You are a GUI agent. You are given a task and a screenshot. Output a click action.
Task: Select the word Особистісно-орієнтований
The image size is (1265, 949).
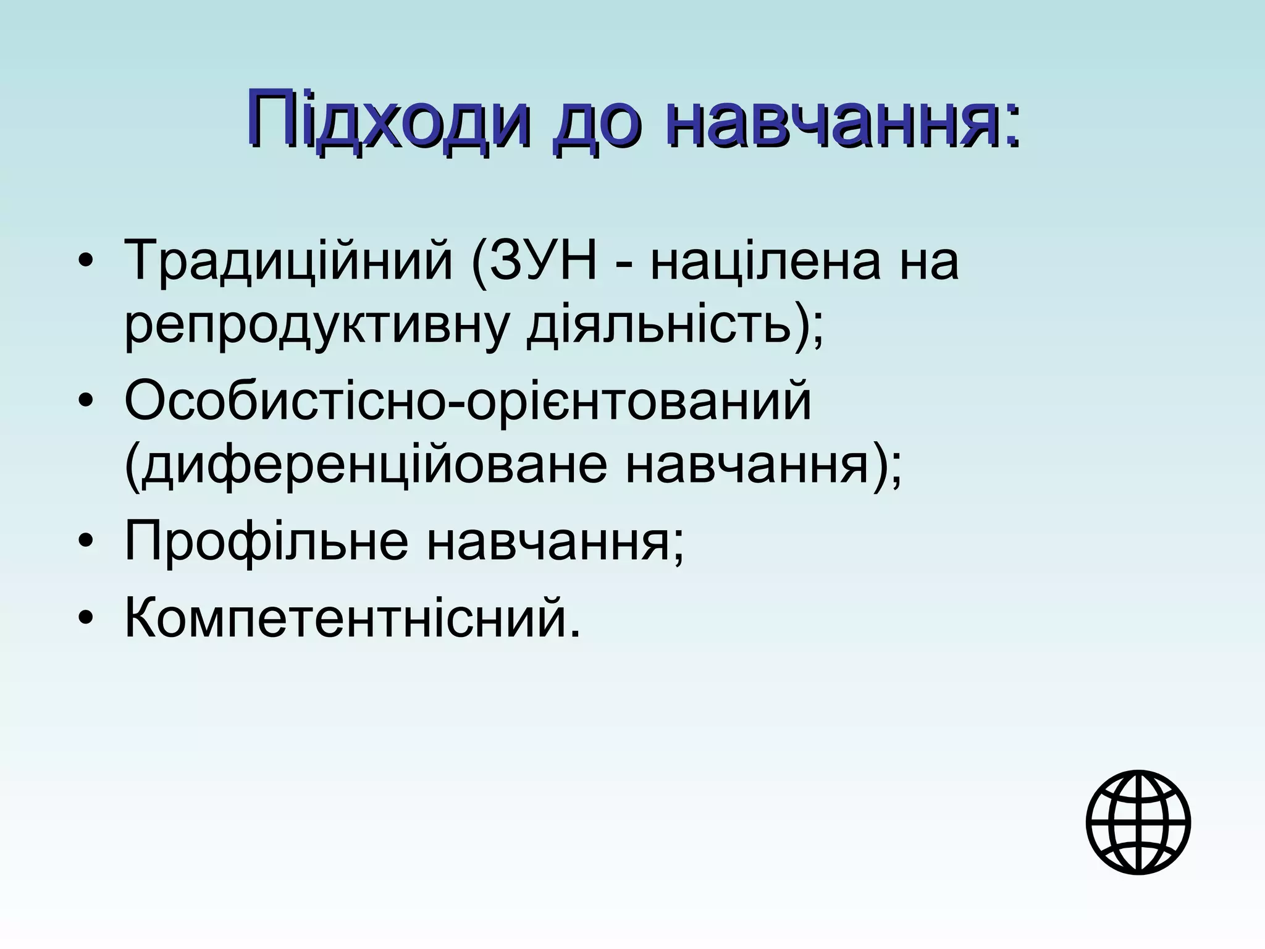click(x=468, y=402)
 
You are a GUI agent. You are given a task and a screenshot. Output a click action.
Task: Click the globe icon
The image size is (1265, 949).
click(x=1138, y=822)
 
